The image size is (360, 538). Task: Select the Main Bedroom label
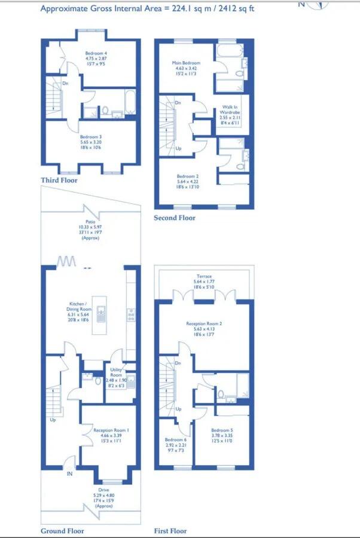[x=186, y=63]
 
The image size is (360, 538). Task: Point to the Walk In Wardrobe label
[x=230, y=109]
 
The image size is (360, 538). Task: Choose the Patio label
[x=90, y=221]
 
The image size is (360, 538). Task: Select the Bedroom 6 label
[x=176, y=441]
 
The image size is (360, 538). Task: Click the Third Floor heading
[x=59, y=180]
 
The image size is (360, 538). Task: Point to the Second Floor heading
[x=174, y=218]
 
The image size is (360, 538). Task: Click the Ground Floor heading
[x=62, y=531]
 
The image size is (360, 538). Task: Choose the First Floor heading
[x=170, y=531]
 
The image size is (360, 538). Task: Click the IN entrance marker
[x=69, y=474]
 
